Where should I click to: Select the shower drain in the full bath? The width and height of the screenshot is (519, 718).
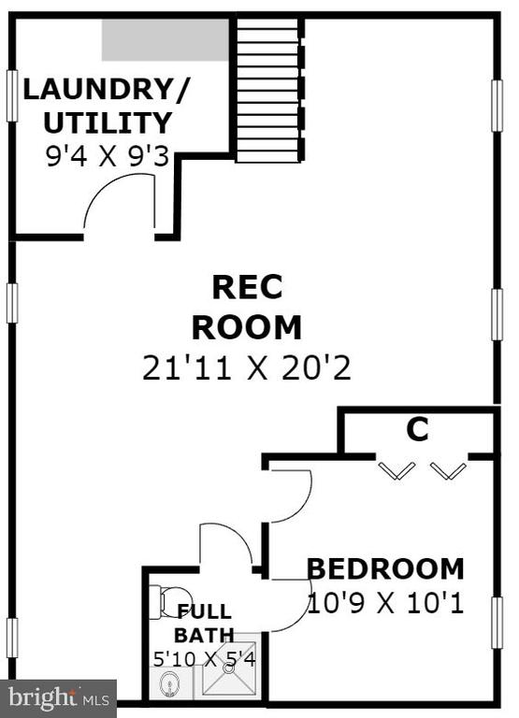point(228,668)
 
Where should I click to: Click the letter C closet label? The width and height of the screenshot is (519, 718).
point(417,429)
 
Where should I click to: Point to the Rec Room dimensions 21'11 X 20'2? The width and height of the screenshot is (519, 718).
point(247,367)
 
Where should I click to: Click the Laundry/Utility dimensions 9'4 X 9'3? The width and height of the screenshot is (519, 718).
point(108,157)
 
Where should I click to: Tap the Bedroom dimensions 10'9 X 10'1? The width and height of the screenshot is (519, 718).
point(385,603)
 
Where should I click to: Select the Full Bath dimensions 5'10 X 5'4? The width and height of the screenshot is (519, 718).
point(204,659)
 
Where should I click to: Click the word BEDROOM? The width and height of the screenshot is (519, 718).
point(385,568)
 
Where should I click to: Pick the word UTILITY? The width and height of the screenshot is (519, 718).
point(108,122)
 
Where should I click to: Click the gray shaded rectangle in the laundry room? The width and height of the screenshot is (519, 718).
point(165,40)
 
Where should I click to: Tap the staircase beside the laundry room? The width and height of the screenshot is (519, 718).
point(268,90)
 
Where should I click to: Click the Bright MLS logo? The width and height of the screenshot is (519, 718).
point(59,698)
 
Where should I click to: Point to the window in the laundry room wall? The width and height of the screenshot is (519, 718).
point(12,95)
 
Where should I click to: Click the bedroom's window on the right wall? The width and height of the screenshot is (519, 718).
point(497,623)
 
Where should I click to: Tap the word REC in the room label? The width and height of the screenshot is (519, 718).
point(248,287)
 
